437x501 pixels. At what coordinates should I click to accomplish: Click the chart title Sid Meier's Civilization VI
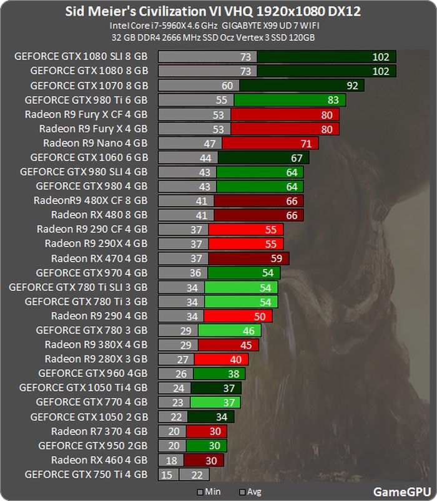click(218, 12)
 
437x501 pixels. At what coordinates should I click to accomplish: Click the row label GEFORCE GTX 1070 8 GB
click(89, 85)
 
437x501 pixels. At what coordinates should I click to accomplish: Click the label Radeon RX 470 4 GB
click(99, 258)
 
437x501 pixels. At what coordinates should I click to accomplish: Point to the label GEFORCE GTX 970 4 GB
click(92, 273)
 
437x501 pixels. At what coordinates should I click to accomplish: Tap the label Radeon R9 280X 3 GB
click(96, 359)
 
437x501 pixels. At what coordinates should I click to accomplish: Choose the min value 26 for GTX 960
click(181, 373)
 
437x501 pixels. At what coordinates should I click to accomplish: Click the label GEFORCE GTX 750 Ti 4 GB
click(86, 475)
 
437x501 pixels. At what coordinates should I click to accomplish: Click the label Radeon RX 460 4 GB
click(99, 460)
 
